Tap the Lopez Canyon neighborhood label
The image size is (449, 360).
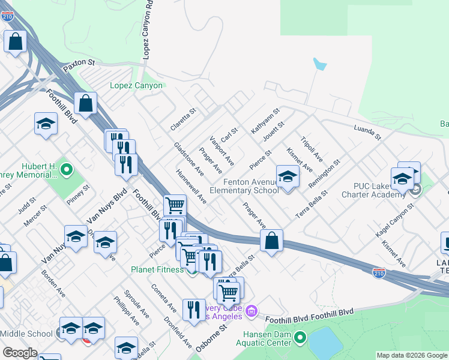click(x=136, y=86)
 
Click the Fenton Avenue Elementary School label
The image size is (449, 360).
click(x=244, y=186)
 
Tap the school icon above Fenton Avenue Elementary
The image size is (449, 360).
click(x=288, y=177)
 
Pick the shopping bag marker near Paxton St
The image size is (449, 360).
click(x=86, y=103)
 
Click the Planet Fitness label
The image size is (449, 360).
click(x=157, y=269)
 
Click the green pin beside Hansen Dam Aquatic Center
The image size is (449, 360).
click(x=300, y=339)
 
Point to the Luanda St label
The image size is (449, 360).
click(x=367, y=133)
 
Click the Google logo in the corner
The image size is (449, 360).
click(x=20, y=353)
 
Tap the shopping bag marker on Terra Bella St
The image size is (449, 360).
click(x=272, y=241)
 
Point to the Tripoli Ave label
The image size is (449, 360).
click(x=312, y=148)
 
